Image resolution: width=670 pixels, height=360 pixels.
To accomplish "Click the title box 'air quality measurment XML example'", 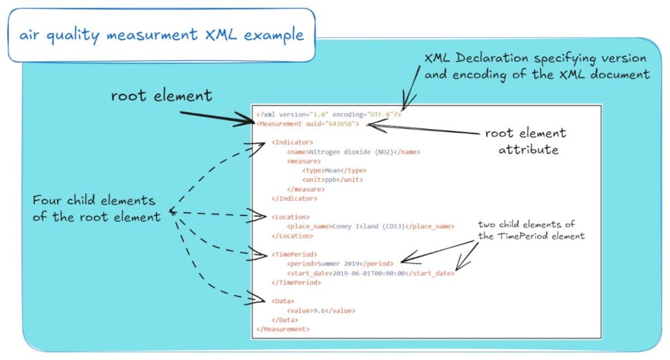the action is pos(162,35).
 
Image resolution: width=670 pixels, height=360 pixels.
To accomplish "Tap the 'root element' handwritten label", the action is pos(162,96).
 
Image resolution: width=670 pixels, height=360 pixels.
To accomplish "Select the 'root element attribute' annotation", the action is pos(527,141).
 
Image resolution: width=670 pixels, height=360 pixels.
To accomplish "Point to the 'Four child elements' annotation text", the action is pos(97,209).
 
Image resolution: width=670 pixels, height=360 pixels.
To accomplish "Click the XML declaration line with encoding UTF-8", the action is pos(328,115).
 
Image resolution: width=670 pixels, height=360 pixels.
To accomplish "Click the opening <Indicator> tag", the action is pos(292,143).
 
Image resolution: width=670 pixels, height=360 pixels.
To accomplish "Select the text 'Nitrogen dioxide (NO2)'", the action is pos(351,152).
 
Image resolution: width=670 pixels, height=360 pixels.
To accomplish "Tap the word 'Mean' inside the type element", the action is pos(332,171).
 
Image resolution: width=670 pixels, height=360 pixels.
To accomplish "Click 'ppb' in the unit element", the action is pos(330,179).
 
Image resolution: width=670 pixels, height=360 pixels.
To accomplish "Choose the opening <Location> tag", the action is pos(291,217).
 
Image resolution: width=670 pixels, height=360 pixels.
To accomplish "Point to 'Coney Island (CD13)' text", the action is pos(368,226).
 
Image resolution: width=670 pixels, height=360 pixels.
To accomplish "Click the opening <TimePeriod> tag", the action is pos(294,255).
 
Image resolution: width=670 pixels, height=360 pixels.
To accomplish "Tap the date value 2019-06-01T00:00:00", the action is pos(368,273).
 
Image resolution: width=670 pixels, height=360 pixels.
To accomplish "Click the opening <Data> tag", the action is pos(283,301).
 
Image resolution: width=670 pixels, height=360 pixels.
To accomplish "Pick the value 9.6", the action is pos(319,311).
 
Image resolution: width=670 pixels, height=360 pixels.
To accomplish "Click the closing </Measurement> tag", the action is pos(283,329).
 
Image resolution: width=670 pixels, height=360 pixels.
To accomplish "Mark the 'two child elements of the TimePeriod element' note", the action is pos(531,230).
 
